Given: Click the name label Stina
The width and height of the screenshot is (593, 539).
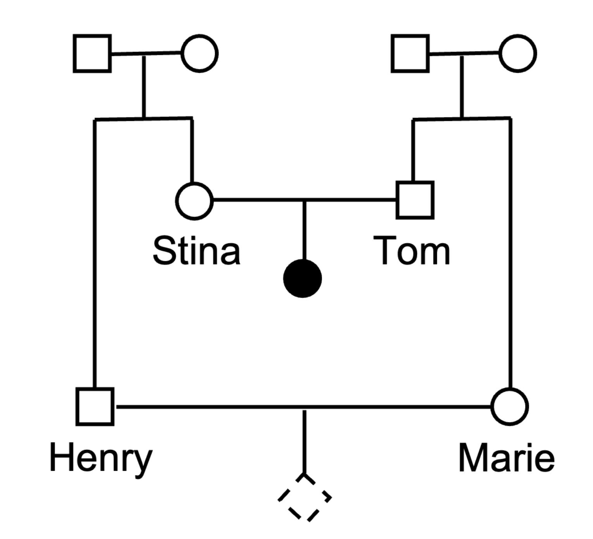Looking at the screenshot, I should (197, 251).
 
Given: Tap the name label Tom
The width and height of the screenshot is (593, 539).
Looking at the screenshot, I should (412, 251).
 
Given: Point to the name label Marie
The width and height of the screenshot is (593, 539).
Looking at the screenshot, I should (506, 458).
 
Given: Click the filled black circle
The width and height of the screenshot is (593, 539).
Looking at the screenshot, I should (303, 279).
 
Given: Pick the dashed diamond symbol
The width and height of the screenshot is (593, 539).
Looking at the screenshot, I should (305, 498).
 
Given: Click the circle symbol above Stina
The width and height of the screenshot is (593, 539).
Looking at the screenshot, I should (195, 201).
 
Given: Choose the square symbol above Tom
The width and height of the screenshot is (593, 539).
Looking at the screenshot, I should (415, 200).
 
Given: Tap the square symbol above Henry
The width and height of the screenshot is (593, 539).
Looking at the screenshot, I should (95, 406).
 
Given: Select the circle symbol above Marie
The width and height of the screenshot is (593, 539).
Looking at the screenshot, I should (510, 406).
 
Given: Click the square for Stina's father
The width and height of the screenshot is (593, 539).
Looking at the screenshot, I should (92, 53).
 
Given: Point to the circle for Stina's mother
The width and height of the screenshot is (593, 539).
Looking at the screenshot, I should (200, 53).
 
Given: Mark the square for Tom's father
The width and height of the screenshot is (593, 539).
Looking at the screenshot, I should (410, 53).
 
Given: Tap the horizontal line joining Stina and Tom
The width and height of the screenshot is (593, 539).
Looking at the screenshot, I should (256, 200).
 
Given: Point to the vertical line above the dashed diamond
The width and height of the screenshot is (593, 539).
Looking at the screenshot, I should (304, 442).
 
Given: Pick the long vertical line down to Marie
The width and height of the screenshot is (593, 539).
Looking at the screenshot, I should (510, 252).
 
